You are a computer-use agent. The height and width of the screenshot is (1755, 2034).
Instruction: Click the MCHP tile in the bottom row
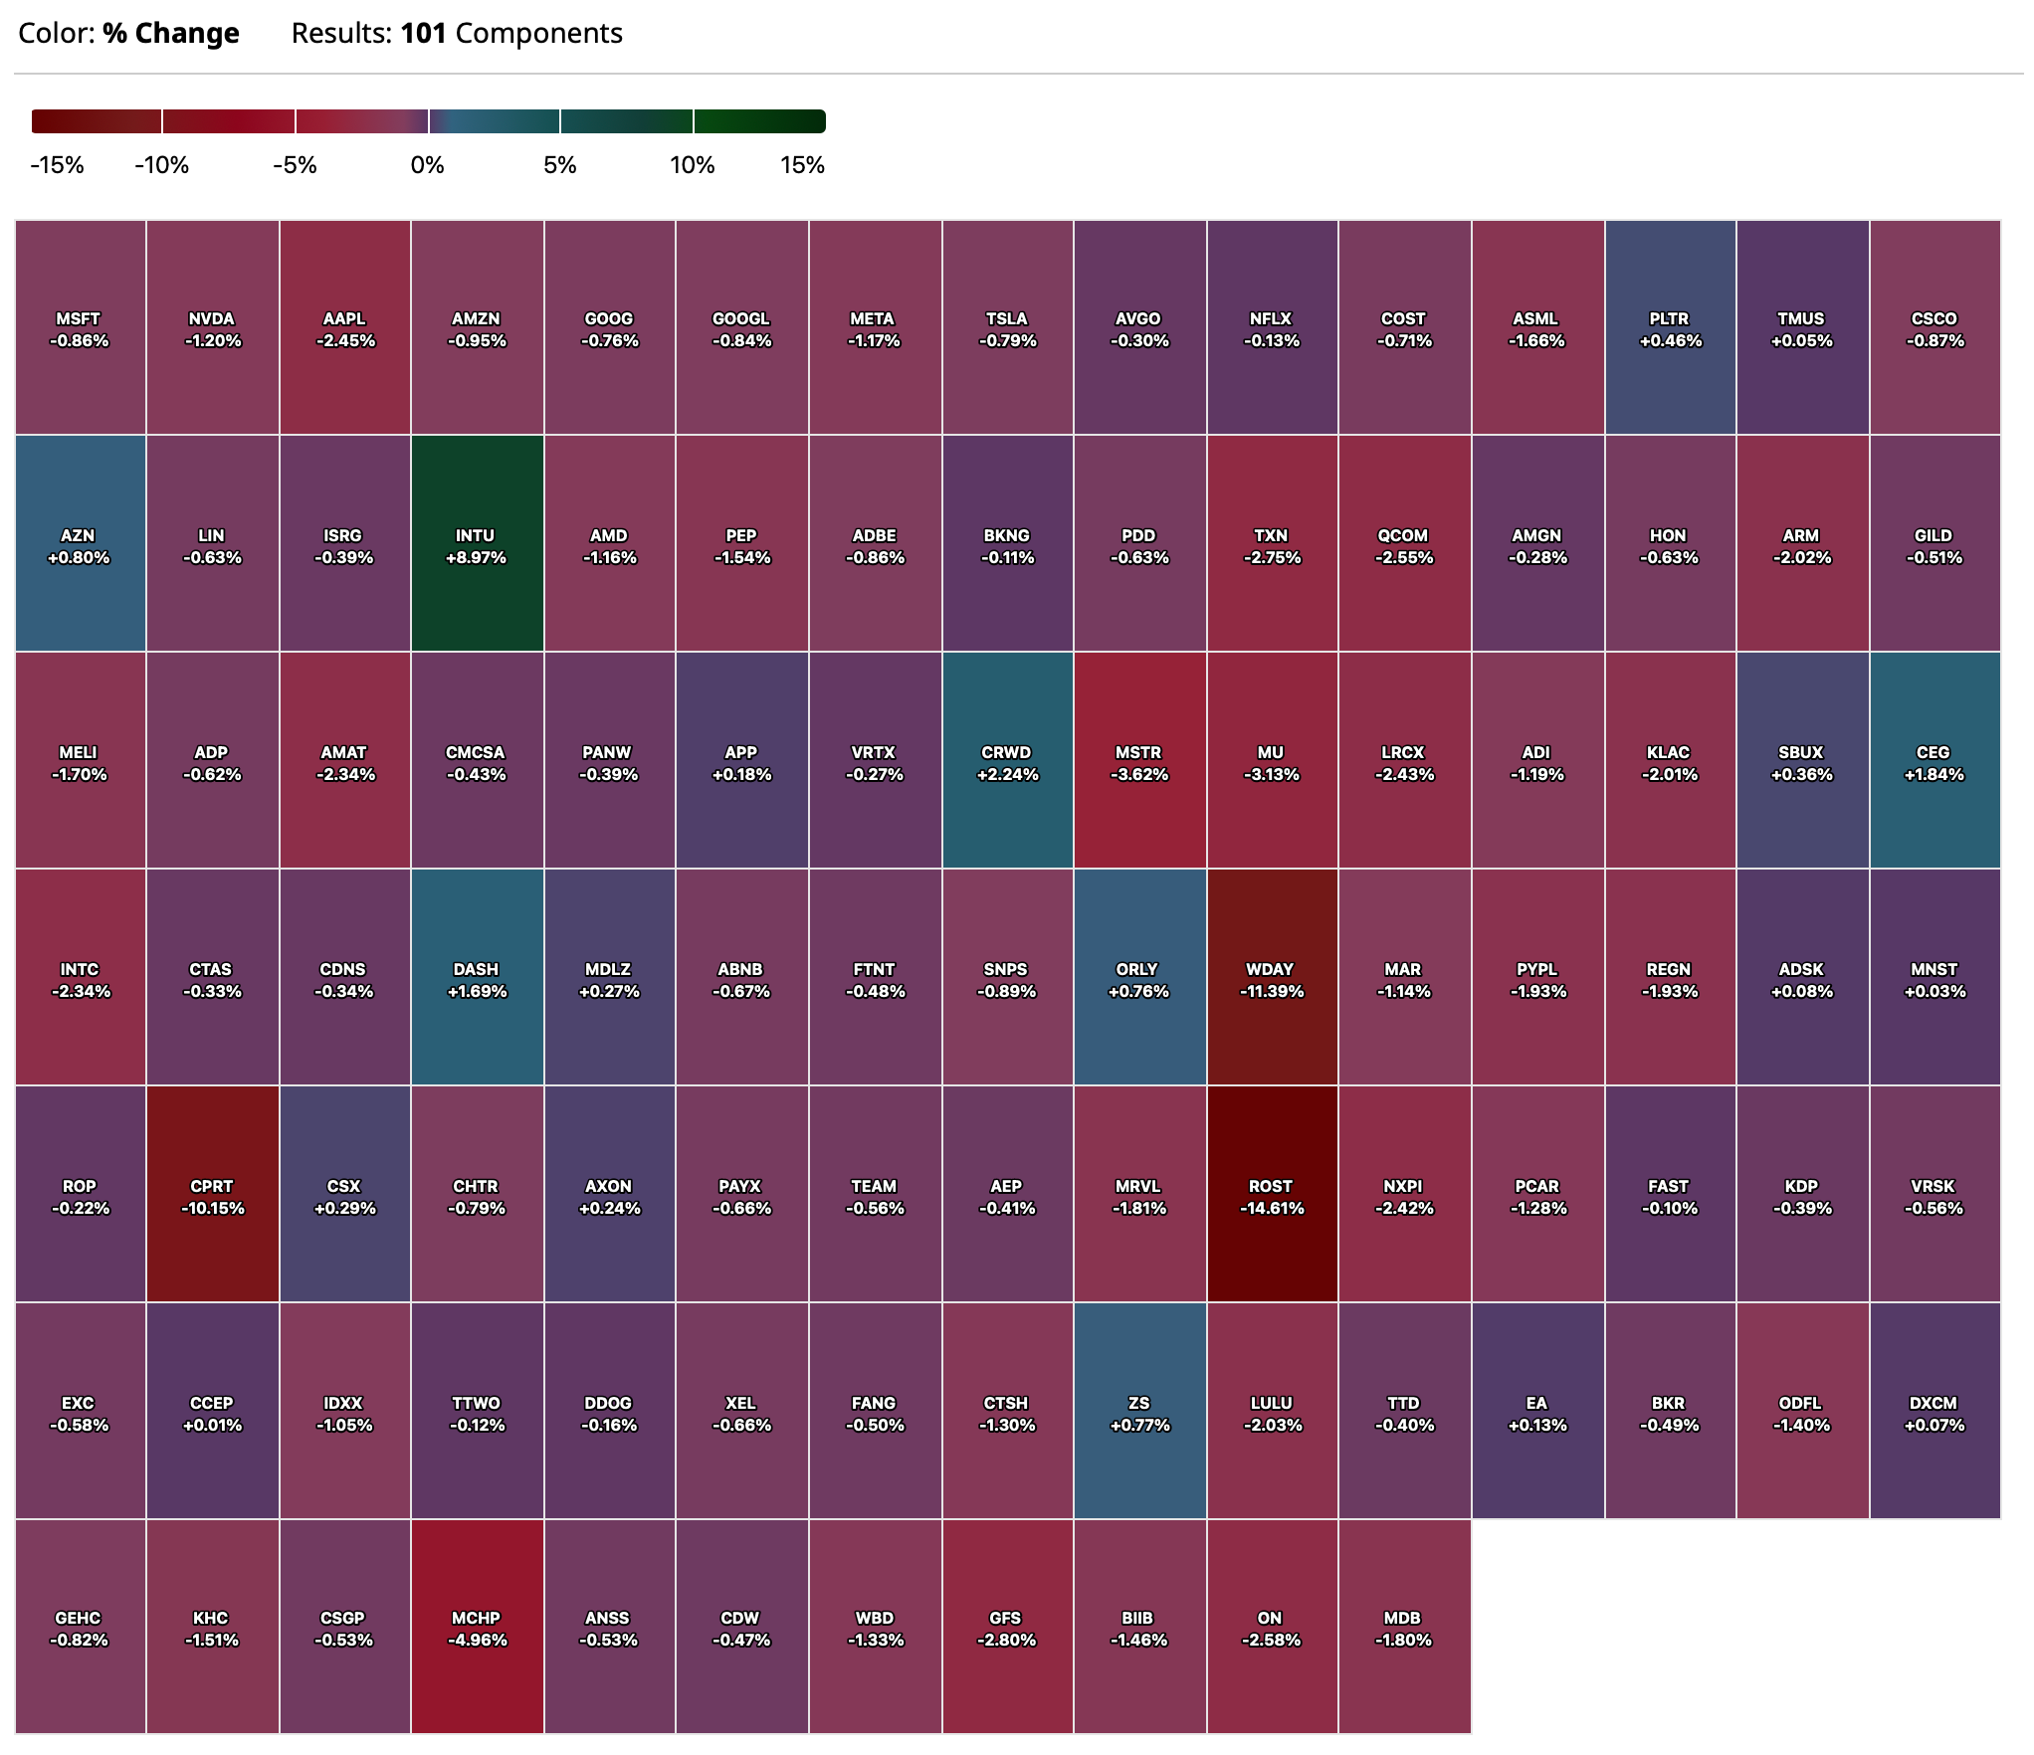[477, 1628]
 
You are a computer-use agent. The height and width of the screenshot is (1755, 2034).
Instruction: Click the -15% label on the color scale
[58, 165]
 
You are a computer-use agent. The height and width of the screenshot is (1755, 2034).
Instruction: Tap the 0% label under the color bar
[428, 165]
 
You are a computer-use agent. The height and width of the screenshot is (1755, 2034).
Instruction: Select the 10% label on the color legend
[692, 165]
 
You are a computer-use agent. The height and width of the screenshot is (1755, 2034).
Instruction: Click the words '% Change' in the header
[171, 34]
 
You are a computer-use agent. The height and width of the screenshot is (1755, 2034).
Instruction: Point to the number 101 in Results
[424, 34]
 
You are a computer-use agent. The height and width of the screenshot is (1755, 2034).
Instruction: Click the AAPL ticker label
[344, 318]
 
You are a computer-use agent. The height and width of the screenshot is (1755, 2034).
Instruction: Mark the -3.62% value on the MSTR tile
[1139, 774]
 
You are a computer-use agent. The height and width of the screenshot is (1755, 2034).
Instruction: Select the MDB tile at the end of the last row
[1403, 1628]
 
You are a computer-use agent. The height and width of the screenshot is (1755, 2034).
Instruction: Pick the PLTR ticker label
[1669, 318]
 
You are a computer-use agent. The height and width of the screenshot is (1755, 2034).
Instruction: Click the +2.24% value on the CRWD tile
[1006, 774]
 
